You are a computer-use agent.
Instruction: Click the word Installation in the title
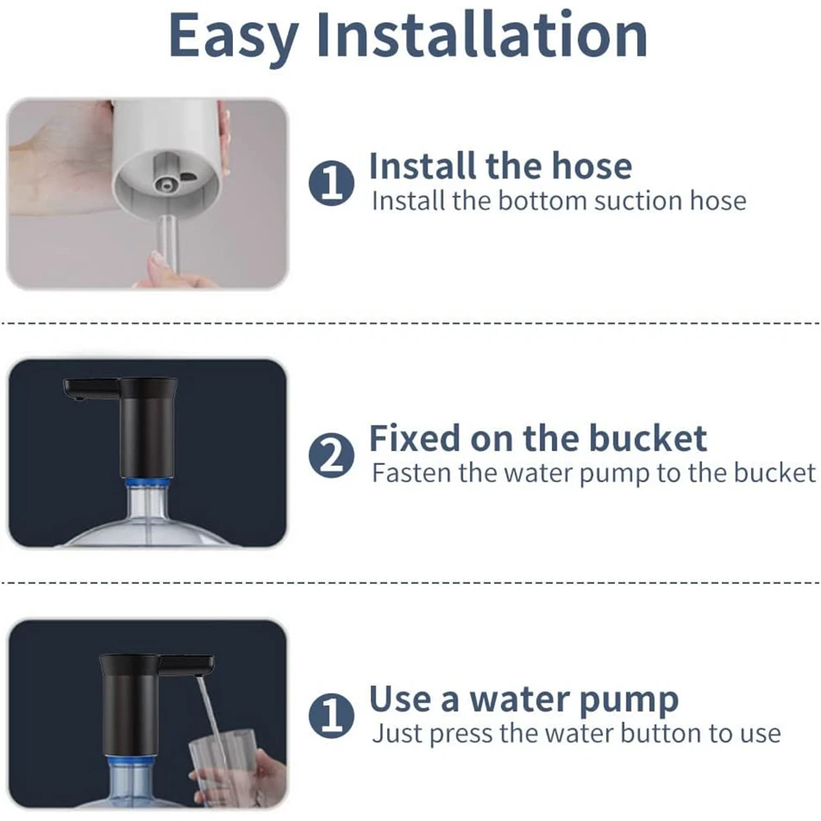pyautogui.click(x=481, y=35)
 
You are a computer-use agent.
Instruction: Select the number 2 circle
pyautogui.click(x=331, y=456)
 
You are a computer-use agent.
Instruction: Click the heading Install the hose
pyautogui.click(x=500, y=166)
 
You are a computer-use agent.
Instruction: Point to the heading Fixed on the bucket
pyautogui.click(x=537, y=438)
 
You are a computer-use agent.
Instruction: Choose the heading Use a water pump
pyautogui.click(x=523, y=700)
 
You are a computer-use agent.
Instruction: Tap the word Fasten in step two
pyautogui.click(x=412, y=473)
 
